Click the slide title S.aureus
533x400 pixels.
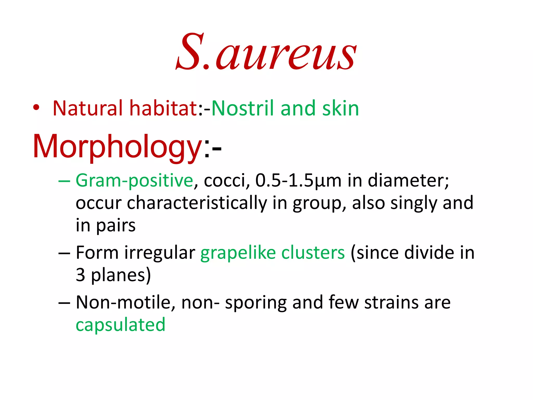coord(266,52)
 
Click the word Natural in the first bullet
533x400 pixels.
coord(87,108)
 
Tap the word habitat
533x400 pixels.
coord(163,108)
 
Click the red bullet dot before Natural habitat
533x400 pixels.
coord(36,108)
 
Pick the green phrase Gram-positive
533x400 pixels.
coord(134,180)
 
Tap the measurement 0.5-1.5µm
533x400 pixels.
coord(298,180)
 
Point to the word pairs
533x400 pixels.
coord(116,226)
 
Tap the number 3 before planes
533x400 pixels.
coord(80,275)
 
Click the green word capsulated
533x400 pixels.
coord(120,325)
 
